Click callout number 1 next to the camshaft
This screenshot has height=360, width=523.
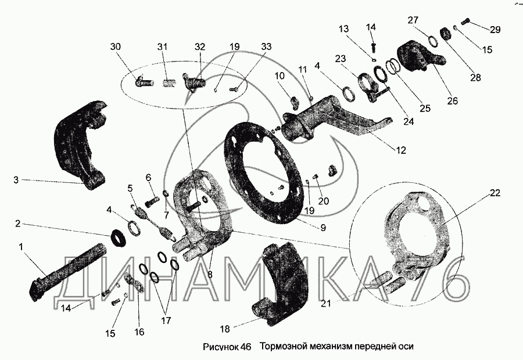pos(22,247)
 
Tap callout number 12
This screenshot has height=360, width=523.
pos(401,150)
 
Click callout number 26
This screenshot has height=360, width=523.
pos(453,100)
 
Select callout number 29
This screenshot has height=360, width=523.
pos(495,29)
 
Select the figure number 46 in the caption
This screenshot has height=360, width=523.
pos(245,347)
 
